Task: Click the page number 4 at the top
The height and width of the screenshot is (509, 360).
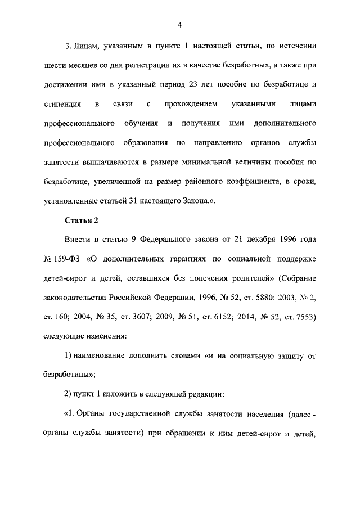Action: (179, 25)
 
